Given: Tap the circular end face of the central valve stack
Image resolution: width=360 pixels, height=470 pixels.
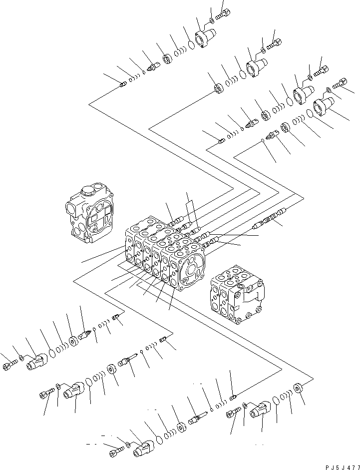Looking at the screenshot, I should coord(190,269).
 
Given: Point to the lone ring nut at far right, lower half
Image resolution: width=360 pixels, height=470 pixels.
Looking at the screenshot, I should coord(299,388).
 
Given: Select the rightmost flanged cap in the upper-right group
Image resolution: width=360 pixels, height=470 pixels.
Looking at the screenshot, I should coord(324,106).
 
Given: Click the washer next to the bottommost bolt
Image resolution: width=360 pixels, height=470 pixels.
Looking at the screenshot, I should coord(128,444).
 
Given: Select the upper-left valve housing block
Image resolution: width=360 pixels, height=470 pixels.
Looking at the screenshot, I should coord(92,214).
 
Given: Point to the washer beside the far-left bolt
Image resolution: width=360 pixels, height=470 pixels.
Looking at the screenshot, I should coord(21,358).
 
